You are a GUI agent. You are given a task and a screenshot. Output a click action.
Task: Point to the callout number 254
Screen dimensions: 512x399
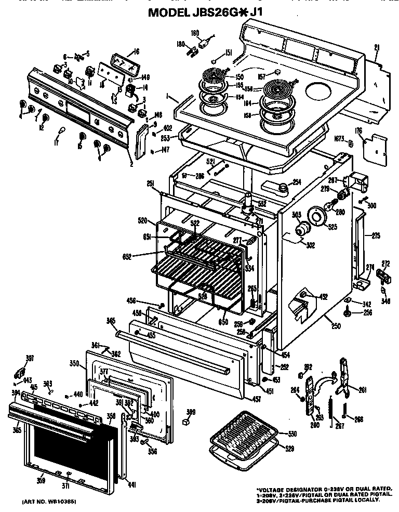[x=297, y=182]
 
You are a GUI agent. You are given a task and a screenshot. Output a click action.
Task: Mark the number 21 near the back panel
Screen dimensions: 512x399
[x=377, y=48]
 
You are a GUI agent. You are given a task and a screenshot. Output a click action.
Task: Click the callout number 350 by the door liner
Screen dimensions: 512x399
[x=74, y=364]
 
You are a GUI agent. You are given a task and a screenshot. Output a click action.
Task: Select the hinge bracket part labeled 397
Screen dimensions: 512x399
[x=20, y=372]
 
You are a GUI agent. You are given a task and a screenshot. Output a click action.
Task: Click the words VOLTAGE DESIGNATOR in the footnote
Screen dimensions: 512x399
[x=286, y=490]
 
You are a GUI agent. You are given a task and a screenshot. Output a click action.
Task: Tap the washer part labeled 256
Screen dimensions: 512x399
[x=346, y=314]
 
